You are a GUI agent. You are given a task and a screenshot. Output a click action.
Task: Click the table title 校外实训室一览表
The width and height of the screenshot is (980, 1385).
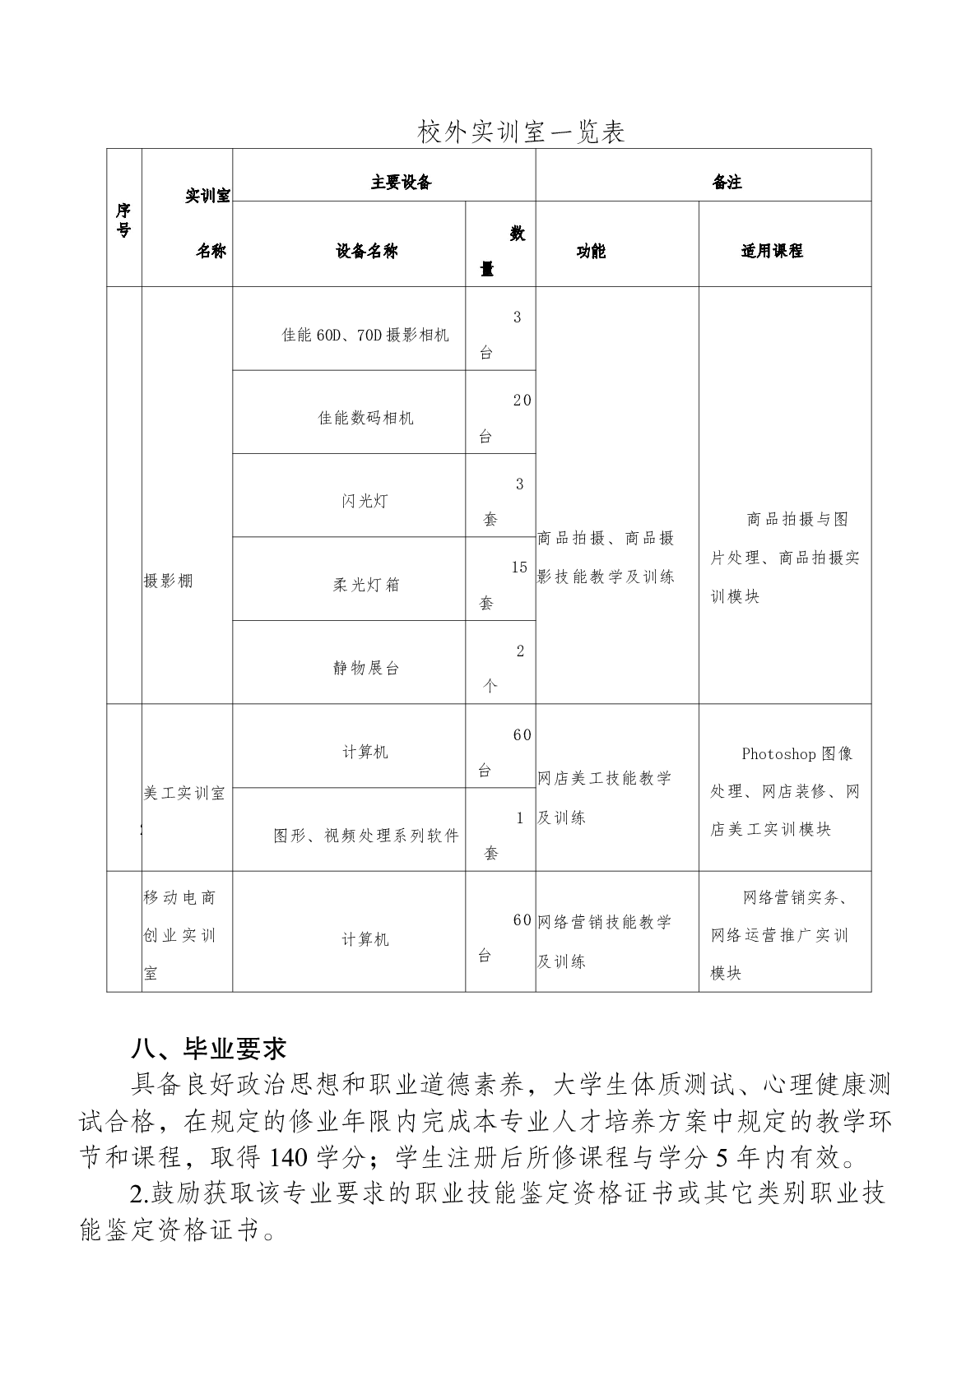point(522,132)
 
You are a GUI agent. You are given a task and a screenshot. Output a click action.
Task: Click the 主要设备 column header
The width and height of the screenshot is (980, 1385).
point(401,182)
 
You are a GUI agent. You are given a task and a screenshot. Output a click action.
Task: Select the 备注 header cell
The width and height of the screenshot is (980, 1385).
point(727,182)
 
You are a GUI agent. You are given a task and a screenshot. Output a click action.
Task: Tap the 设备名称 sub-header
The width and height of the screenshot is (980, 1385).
point(366,251)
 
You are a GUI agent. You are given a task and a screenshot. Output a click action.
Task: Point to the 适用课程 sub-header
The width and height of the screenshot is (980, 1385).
point(772,251)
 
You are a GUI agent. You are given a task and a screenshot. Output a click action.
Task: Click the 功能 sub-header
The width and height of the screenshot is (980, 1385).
point(591,251)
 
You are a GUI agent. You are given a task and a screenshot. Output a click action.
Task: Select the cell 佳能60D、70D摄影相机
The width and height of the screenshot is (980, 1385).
point(365,335)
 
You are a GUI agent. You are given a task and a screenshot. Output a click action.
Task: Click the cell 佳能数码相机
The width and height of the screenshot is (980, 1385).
point(365,418)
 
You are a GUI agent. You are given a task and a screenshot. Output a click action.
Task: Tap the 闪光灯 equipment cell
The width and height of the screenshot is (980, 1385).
point(365,501)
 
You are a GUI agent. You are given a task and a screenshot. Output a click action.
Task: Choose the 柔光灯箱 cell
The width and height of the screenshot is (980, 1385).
point(365,585)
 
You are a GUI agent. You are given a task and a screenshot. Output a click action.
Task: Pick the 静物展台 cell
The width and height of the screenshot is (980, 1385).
point(365,668)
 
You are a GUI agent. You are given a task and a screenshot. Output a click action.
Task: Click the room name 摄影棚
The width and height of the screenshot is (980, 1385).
point(168,581)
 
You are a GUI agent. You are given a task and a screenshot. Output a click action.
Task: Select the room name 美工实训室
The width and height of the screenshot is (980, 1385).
point(184,793)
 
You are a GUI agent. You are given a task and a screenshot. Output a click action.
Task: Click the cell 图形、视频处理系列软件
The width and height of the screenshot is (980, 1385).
point(366,836)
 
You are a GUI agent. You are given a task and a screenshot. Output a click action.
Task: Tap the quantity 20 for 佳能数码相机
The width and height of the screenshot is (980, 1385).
point(522,401)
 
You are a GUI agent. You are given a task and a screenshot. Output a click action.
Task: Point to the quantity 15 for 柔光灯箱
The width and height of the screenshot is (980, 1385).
point(519,567)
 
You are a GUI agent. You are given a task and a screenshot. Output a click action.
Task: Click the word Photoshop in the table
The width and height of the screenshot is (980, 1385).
point(778,753)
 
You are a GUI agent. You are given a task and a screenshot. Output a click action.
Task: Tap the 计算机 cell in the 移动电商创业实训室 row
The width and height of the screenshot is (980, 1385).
point(365,939)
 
